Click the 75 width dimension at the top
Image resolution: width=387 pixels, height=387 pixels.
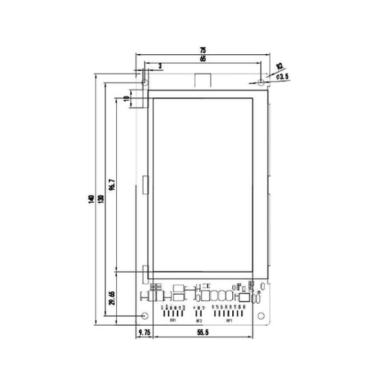pos(203,50)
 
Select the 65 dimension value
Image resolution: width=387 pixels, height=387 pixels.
pos(203,59)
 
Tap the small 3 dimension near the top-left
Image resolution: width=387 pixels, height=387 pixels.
pos(159,65)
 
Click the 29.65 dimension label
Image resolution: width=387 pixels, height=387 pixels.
pos(112,300)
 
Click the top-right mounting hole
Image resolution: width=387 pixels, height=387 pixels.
pos(260,83)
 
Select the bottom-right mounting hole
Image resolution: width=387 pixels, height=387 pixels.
pos(261,315)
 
